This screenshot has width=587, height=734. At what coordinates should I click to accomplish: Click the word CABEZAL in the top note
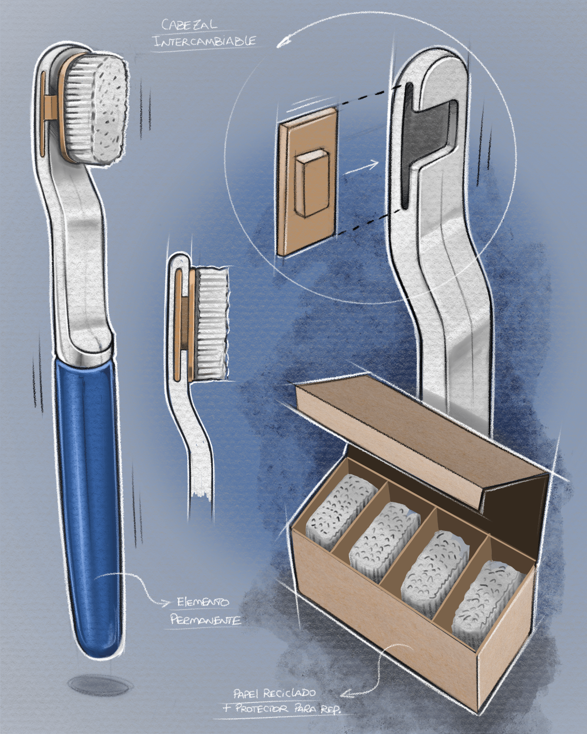point(190,25)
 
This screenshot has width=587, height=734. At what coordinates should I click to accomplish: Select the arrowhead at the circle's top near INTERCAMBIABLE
point(284,43)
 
